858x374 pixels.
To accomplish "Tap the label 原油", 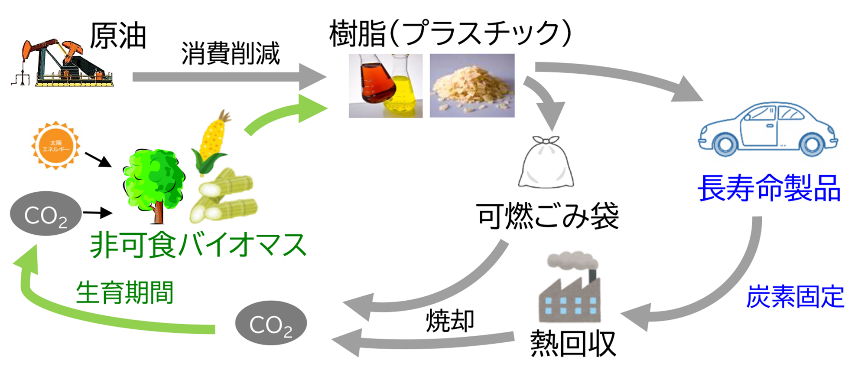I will tap(117, 36).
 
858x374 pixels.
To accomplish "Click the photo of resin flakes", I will tap(472, 85).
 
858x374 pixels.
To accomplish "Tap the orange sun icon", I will tap(55, 145).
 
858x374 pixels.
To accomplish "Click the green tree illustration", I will tap(154, 182).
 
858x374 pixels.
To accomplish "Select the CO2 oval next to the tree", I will tap(45, 214).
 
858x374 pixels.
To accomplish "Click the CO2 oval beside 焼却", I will tap(271, 323).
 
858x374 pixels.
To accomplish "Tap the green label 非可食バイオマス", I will tap(198, 245).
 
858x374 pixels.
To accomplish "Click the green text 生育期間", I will tap(124, 292).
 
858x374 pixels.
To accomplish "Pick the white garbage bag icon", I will tap(546, 163).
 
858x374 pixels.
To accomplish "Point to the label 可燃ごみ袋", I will tap(547, 216).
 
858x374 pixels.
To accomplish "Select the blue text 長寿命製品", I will tap(769, 188).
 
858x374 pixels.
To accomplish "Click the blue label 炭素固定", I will tap(795, 297).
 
